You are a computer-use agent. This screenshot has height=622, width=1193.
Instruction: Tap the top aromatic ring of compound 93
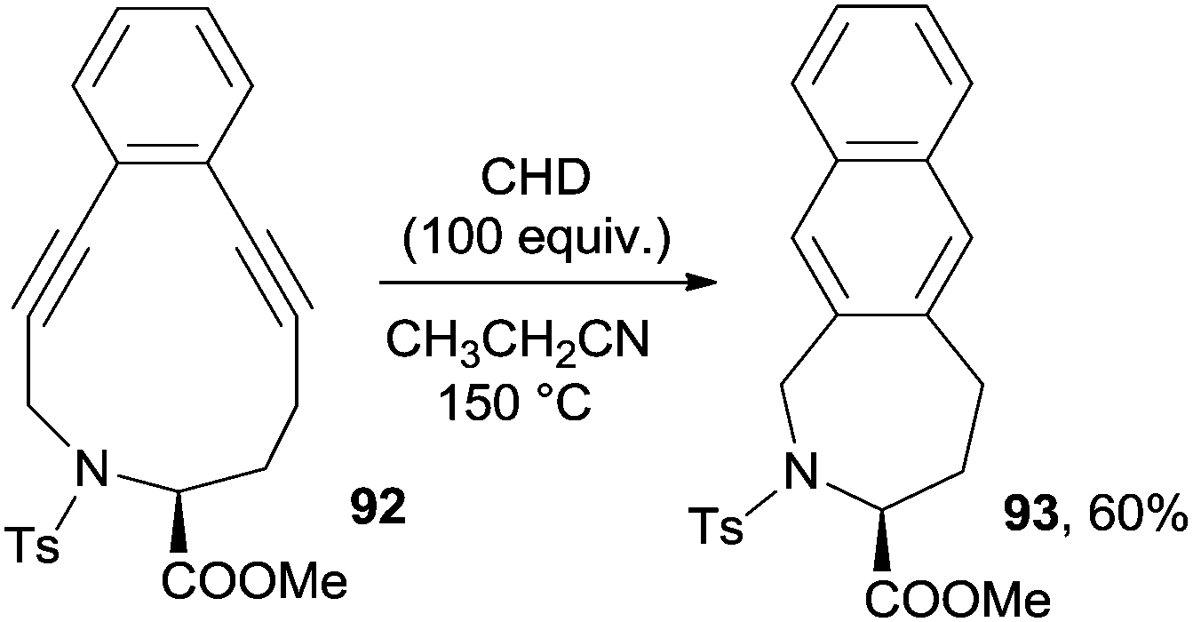click(x=880, y=88)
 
